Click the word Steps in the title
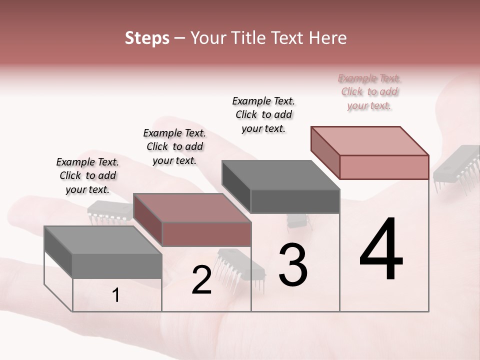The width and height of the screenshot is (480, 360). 147,38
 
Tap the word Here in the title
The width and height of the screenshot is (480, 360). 328,38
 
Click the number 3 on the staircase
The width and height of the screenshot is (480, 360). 293,265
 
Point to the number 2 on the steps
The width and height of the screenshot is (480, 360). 202,280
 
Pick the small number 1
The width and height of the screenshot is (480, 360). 116,295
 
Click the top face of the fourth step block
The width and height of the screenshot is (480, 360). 370,140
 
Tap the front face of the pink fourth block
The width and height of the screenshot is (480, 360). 384,167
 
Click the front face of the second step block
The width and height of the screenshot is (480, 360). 206,234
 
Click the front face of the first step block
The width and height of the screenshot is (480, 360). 117,266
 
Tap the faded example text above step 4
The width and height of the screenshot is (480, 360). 369,91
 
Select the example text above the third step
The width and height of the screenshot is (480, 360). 263,114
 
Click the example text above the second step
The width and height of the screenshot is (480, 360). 174,146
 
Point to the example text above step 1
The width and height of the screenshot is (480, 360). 87,175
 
